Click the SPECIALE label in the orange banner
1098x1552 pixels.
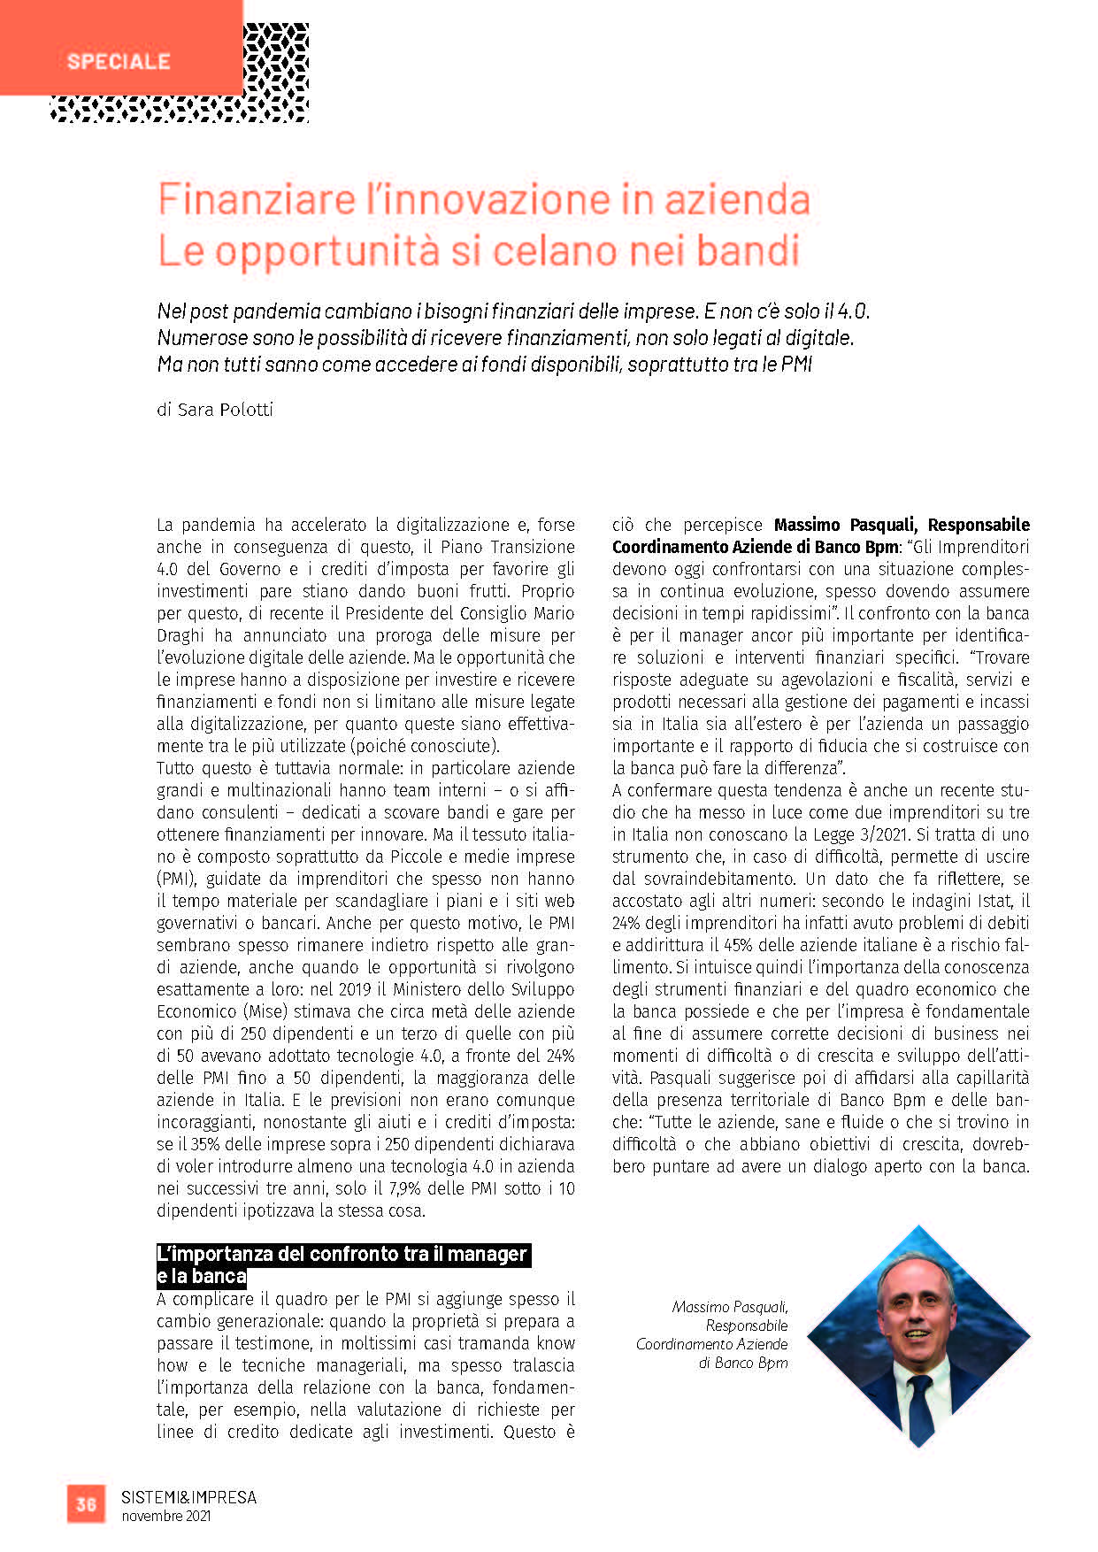(x=119, y=61)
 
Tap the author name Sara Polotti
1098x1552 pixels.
(x=226, y=410)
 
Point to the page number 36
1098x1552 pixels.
(x=86, y=1504)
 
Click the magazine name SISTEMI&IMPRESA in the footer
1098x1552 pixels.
(x=188, y=1497)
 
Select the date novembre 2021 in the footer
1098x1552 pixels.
(x=166, y=1517)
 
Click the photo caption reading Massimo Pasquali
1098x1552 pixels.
(x=729, y=1307)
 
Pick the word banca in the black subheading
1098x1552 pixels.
(x=219, y=1277)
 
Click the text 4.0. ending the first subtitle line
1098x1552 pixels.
(x=854, y=311)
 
